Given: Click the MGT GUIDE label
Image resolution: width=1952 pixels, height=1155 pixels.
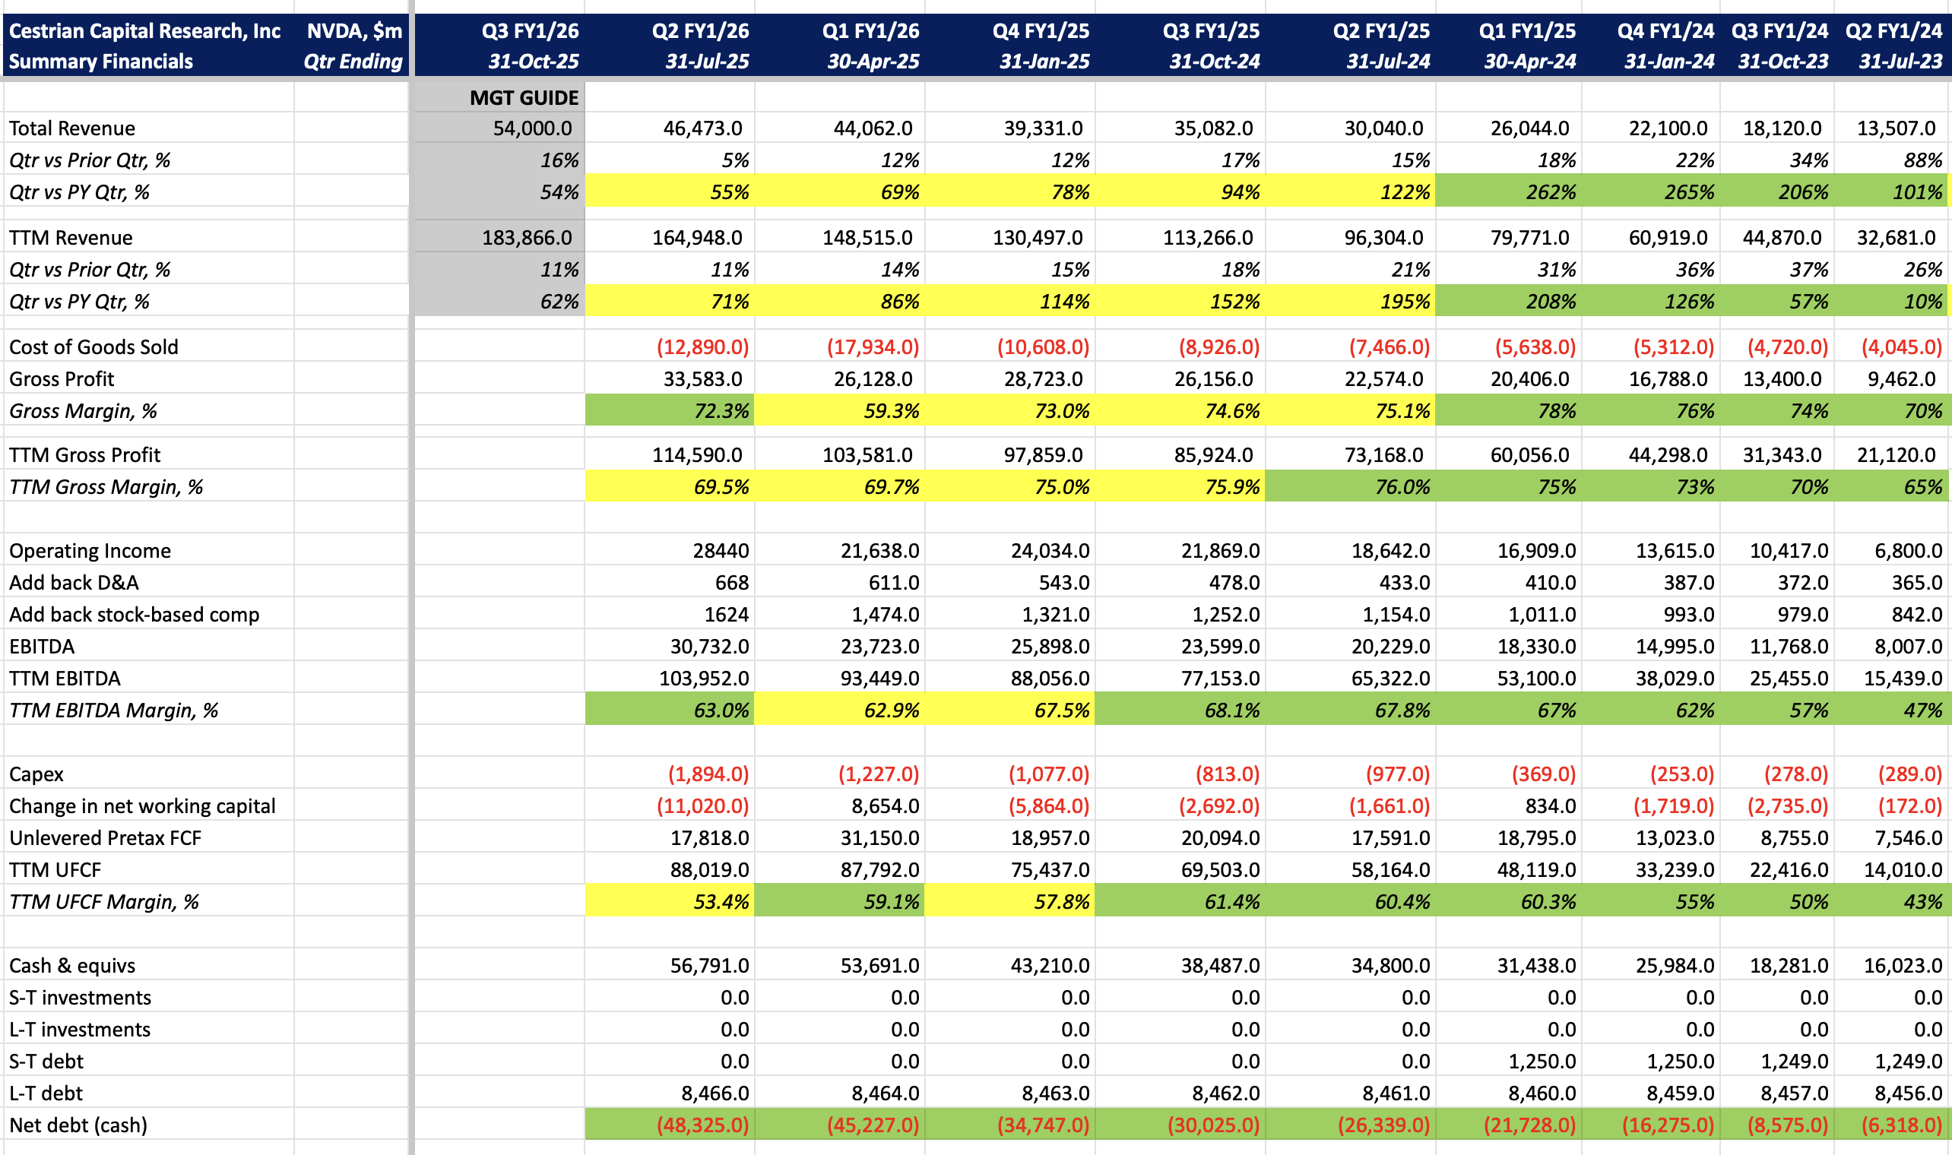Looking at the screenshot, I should click(x=524, y=98).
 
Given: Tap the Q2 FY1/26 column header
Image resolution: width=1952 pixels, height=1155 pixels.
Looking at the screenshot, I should click(x=701, y=31).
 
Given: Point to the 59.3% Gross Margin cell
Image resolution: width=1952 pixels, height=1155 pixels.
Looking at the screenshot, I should click(x=891, y=411).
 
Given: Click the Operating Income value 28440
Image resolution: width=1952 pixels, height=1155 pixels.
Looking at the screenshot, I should click(x=721, y=551).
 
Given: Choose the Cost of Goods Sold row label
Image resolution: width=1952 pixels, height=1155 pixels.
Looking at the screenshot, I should click(x=93, y=347).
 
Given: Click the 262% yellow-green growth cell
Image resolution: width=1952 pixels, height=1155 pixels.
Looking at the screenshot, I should click(x=1551, y=192).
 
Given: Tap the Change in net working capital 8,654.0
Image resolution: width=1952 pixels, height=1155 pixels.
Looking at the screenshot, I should click(x=885, y=806).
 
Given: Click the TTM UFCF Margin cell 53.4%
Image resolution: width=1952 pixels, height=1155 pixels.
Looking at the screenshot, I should click(x=721, y=902).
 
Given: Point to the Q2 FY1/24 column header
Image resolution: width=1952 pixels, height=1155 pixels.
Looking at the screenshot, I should click(x=1893, y=31).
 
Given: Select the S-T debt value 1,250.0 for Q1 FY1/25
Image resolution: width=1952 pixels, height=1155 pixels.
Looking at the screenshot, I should click(x=1542, y=1062).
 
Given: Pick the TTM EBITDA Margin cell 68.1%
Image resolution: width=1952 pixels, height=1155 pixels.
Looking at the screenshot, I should click(x=1231, y=710).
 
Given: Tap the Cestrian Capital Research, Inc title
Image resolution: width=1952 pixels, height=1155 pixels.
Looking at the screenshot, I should click(x=144, y=31).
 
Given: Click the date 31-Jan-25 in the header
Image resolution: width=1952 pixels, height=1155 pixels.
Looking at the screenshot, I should click(x=1044, y=62).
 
